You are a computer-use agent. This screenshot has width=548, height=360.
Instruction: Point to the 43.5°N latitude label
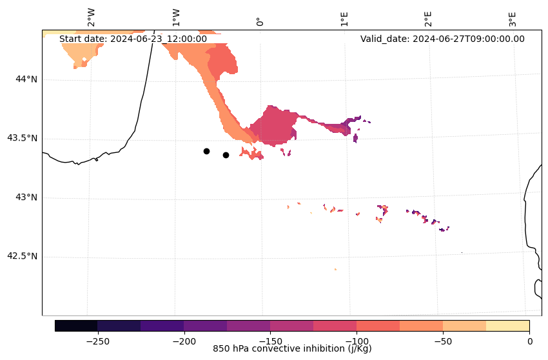22,138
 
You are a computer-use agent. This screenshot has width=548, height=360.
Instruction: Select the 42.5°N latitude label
22,256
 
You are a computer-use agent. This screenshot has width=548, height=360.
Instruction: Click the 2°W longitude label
91,17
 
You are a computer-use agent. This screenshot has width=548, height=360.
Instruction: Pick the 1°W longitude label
175,17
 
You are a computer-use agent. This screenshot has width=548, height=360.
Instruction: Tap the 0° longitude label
260,21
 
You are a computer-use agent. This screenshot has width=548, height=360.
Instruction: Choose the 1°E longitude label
344,18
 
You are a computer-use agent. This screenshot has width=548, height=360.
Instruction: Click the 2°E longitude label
428,18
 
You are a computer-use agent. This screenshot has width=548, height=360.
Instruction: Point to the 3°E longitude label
513,18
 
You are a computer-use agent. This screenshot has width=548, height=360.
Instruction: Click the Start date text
133,39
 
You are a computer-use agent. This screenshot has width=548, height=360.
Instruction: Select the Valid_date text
442,39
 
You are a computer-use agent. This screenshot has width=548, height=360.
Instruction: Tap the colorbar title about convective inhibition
292,349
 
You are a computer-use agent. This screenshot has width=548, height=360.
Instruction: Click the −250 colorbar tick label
97,340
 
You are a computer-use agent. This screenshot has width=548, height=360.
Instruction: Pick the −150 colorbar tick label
270,340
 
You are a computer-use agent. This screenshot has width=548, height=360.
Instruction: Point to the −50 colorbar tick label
443,340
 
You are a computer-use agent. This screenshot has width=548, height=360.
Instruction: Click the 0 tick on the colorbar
529,340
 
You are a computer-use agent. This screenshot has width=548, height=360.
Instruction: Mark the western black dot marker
206,151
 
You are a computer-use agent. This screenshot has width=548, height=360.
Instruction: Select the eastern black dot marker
226,155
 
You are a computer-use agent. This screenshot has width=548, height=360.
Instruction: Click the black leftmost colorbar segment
76,325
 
